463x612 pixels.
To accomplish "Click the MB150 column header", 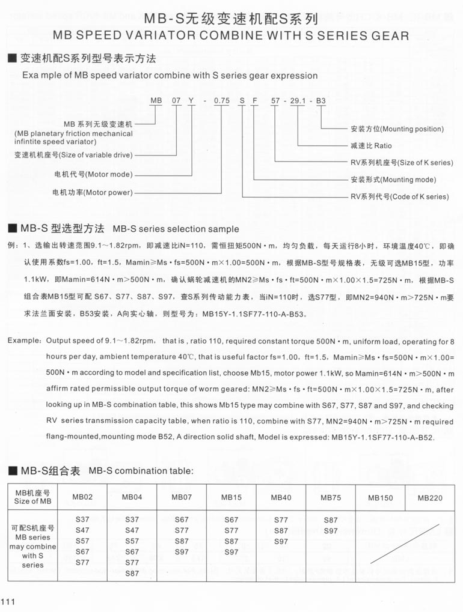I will click(x=381, y=498).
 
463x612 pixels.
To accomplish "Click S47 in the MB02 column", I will click(x=82, y=530).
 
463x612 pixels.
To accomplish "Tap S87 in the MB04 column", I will click(x=132, y=574).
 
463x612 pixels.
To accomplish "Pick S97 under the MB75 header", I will click(x=331, y=530).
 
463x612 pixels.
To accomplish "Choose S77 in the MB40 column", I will click(x=281, y=520).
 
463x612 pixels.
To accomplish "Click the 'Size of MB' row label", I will click(x=32, y=501).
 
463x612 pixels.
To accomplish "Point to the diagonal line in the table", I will click(x=405, y=544).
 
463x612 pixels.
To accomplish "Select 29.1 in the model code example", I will click(x=298, y=100).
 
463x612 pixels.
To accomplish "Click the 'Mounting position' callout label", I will click(x=397, y=129).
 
